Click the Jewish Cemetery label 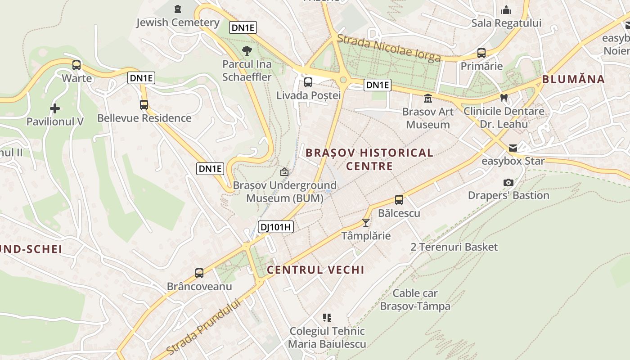tap(178, 22)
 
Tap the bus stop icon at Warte tap(76, 65)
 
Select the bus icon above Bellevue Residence tap(144, 105)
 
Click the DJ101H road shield tap(276, 227)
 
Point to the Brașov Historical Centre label tap(369, 159)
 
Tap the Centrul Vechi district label tap(315, 270)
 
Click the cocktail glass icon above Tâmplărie tap(366, 223)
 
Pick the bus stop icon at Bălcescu tap(399, 200)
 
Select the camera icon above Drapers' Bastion tap(508, 182)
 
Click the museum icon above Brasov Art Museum tap(427, 98)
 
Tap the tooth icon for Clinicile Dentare tap(504, 98)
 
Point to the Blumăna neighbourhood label tap(573, 80)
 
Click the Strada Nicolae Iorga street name tap(389, 48)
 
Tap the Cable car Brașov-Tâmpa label tap(415, 300)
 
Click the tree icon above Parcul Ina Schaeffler tap(247, 50)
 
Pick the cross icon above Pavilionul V tap(55, 108)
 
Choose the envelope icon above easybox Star tap(513, 148)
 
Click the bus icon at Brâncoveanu tap(199, 273)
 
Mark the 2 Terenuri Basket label tap(454, 247)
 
